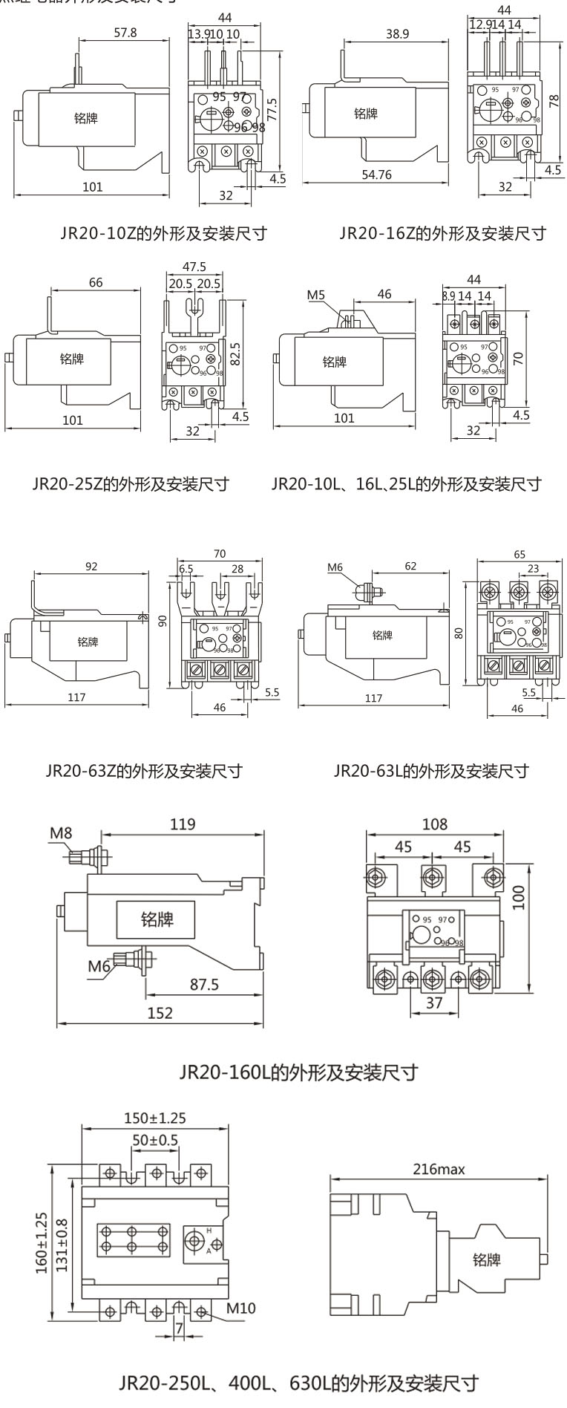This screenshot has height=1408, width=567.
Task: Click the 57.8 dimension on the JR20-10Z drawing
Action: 124,33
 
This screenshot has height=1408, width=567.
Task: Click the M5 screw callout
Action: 317,295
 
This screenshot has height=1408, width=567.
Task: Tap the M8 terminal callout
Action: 61,832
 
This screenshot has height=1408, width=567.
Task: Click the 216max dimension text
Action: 439,1170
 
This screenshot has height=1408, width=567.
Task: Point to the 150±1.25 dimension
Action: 154,1118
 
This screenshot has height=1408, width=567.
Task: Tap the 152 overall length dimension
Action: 160,1012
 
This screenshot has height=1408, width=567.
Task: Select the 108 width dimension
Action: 435,824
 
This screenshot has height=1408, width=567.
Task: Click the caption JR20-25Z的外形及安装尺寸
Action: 131,484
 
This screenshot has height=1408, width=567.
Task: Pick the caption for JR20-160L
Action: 299,1072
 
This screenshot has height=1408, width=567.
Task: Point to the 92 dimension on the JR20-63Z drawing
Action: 91,567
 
